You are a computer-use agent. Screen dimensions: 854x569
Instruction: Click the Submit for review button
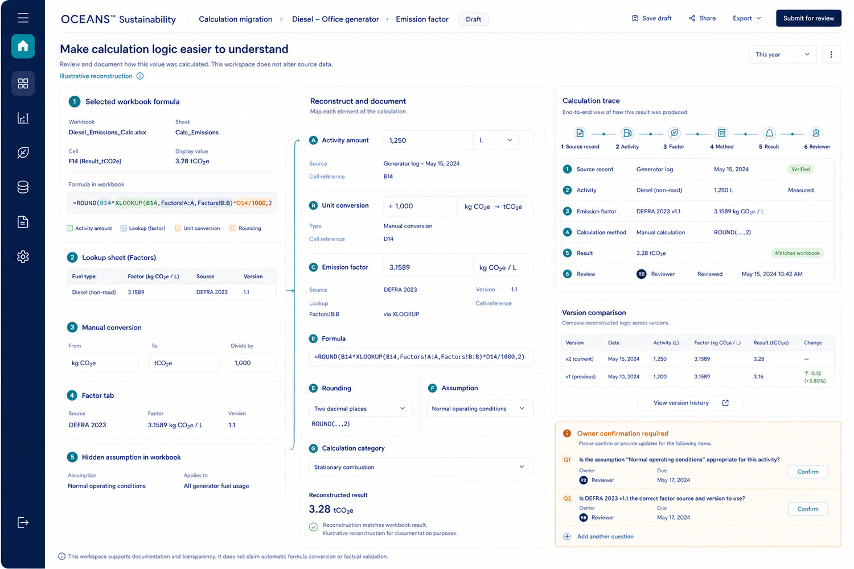pos(808,18)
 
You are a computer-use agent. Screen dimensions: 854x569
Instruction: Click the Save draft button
pos(651,18)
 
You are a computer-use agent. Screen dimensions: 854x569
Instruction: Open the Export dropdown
pos(746,18)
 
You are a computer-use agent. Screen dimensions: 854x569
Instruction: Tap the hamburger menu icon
pos(23,18)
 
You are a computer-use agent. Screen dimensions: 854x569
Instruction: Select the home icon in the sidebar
pos(23,46)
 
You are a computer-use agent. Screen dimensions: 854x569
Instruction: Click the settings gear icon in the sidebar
pos(23,257)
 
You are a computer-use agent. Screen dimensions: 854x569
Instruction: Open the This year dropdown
pos(782,55)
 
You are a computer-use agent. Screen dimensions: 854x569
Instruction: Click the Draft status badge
pos(473,19)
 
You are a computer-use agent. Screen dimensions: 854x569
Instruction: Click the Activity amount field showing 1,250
pos(428,140)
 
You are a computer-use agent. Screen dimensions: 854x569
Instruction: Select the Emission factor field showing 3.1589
pos(428,267)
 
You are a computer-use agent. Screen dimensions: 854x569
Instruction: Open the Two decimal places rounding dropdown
pos(360,409)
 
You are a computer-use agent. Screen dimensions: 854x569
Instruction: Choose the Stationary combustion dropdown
pos(421,467)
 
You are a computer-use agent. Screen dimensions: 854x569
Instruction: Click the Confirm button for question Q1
pos(807,472)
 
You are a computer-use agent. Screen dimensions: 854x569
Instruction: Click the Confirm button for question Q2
pos(807,509)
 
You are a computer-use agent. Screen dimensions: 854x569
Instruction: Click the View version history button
pos(690,403)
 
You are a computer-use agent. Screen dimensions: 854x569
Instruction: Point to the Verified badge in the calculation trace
pos(800,169)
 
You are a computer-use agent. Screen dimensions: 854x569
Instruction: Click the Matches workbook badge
pos(797,253)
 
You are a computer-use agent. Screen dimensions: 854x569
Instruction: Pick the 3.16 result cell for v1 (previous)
pos(758,377)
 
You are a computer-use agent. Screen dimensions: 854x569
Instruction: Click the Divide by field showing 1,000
pos(252,363)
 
